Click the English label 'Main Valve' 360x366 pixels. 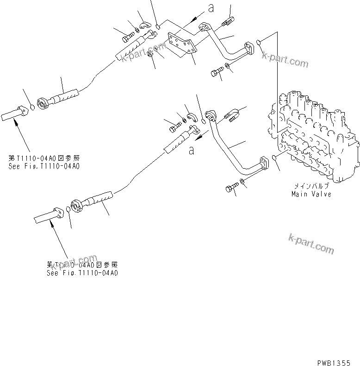click(311, 194)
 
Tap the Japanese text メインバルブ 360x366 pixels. click(311, 187)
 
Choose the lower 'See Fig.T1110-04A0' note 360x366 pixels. click(82, 273)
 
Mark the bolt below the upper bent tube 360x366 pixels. click(217, 72)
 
